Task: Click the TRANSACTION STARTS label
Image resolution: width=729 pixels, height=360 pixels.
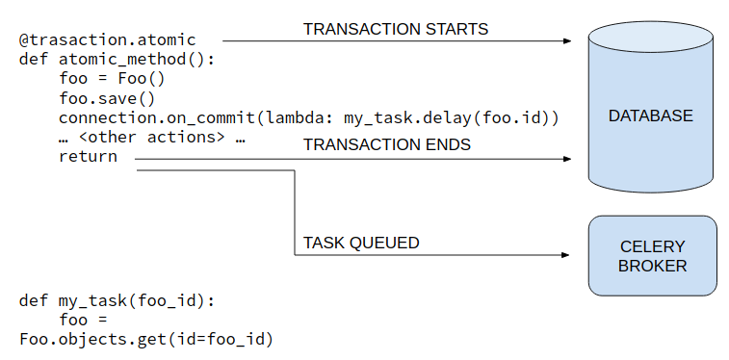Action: coord(396,29)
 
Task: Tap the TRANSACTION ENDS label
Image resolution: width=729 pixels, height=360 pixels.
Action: coord(387,145)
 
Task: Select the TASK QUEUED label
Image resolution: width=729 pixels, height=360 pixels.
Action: coord(361,243)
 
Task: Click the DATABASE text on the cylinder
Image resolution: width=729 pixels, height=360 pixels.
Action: coord(650,116)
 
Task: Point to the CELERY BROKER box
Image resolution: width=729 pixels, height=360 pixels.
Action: coord(652,255)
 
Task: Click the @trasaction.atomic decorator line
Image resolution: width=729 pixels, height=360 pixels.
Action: coord(107,40)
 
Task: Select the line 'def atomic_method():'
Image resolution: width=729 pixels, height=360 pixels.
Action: coord(117,60)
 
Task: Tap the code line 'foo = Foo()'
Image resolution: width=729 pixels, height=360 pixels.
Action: coord(112,79)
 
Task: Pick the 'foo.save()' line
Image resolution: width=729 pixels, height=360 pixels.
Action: coord(107,98)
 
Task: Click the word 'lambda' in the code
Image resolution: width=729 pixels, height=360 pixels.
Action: coord(291,117)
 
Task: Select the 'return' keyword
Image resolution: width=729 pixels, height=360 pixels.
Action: coord(88,156)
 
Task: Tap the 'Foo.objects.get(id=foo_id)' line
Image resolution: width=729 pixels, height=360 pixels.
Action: coord(146,340)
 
